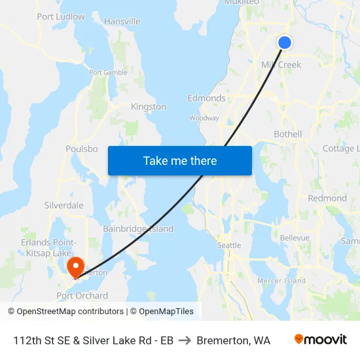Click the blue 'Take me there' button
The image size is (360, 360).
coord(179,160)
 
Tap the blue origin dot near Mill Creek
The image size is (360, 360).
coord(285,43)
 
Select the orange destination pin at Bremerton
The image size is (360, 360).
coord(75,266)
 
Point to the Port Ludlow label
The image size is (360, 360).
coord(61,16)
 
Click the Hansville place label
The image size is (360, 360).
coord(122,22)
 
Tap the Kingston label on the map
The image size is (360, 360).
coord(149,107)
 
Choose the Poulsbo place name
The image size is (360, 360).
coord(82,149)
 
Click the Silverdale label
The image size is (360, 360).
coord(64,205)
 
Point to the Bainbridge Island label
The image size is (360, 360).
coord(138,228)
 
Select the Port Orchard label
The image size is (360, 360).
coord(82,296)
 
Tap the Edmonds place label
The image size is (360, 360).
coord(206,99)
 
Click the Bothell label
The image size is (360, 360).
coord(287,134)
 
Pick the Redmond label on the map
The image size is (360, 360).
coord(327,198)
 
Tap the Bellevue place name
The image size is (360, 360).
coord(294,238)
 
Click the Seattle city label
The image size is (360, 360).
coord(229,245)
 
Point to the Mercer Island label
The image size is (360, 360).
coord(281,281)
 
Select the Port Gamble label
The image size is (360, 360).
coord(108,73)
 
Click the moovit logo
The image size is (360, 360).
coord(321,340)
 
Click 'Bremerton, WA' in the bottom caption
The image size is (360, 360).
coord(233,340)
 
